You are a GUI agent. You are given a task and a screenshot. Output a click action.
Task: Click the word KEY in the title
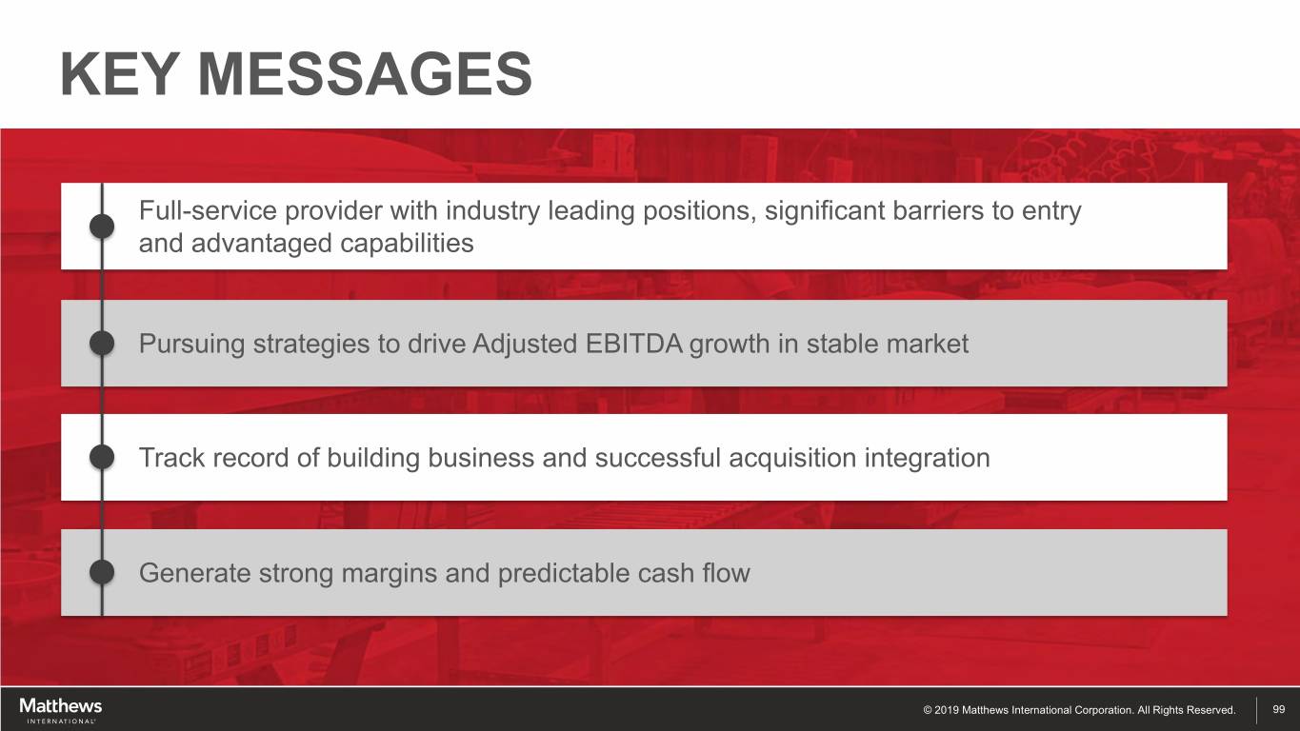119,73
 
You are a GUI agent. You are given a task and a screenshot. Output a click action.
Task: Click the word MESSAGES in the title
365,73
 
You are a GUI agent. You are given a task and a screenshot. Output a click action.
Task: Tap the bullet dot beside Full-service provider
102,227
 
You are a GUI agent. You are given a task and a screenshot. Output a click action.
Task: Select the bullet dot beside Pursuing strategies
102,343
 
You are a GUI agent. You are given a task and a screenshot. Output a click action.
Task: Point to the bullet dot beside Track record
102,457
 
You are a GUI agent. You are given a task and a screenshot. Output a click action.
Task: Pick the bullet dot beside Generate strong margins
102,573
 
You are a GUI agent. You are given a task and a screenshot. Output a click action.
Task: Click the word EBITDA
633,344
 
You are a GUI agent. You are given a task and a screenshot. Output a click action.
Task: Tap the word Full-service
208,210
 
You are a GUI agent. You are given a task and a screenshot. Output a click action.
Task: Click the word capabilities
407,244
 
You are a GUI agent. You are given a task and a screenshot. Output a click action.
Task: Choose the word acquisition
792,458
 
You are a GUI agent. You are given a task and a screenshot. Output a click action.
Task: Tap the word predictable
563,573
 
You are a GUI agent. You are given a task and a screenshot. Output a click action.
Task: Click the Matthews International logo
61,711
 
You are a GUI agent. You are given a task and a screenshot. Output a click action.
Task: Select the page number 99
1278,709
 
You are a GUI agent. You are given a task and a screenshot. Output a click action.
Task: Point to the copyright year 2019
947,709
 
